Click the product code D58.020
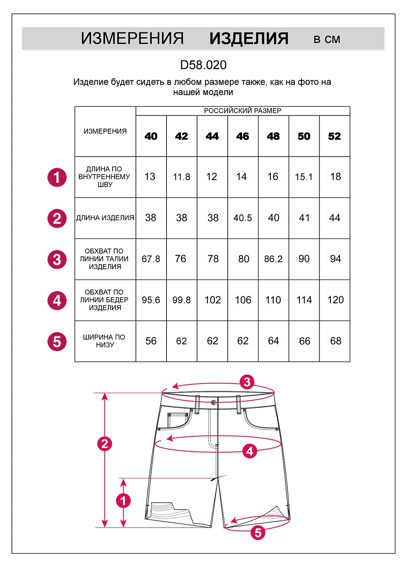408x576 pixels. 203,65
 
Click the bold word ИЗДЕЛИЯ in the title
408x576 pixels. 249,38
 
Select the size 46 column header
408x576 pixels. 243,136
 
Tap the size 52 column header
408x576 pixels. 334,136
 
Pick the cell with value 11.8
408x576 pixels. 182,177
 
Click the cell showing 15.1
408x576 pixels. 304,177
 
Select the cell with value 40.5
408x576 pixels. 243,218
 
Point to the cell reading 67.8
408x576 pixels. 151,259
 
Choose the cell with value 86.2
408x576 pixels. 273,259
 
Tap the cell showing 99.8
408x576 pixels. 182,300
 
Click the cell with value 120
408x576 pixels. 335,300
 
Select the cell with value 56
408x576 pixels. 151,341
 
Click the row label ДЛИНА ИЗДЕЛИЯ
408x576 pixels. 105,218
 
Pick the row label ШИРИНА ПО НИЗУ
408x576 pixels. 104,341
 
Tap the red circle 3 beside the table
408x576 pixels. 57,260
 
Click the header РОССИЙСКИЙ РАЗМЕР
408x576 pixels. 243,111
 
